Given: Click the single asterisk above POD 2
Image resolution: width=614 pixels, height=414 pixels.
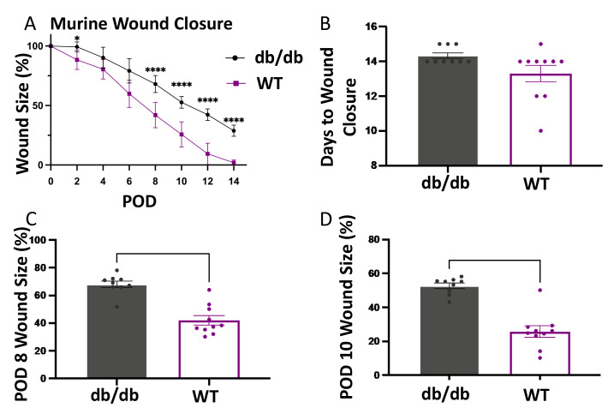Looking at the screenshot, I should tap(77, 39).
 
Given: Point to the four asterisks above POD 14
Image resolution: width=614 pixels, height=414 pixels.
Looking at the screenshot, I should tap(233, 120).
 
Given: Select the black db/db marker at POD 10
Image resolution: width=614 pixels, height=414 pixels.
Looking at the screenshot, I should tap(182, 102).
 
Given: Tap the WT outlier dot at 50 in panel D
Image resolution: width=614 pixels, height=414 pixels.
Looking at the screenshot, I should tap(539, 291).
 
